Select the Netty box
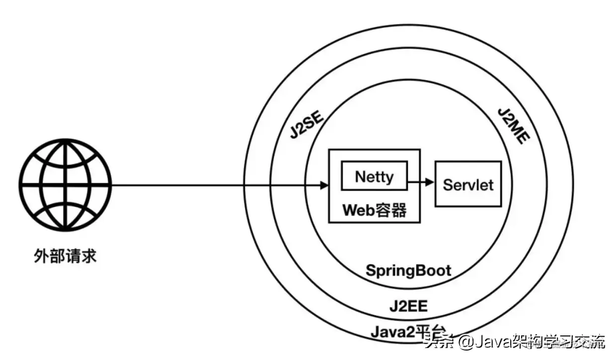tap(374, 176)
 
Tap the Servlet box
tap(468, 184)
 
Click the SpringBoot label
tap(408, 271)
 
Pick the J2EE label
tap(408, 305)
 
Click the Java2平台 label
tap(408, 331)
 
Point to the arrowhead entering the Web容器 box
tap(324, 186)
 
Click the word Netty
tap(374, 176)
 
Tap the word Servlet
tap(468, 185)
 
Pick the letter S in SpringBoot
tap(371, 271)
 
